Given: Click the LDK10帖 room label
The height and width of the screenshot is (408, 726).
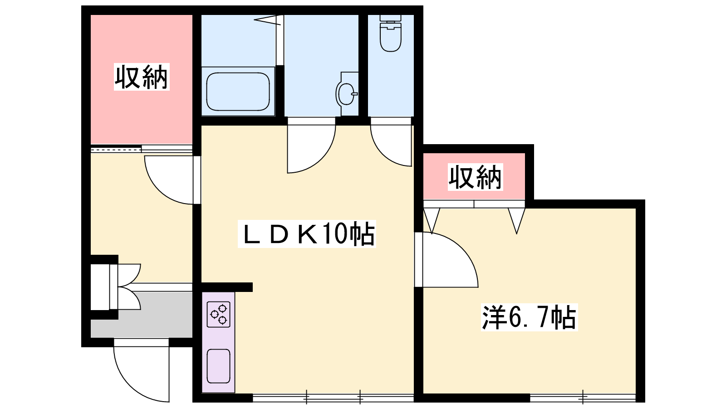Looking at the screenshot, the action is pyautogui.click(x=307, y=234).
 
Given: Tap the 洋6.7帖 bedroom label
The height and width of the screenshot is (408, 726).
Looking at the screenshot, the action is pyautogui.click(x=529, y=317).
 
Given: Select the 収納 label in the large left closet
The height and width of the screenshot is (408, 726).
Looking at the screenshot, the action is pyautogui.click(x=142, y=77).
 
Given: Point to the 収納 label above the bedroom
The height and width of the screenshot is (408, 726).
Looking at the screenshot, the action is pyautogui.click(x=475, y=177).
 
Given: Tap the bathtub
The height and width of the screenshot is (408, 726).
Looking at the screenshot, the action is pyautogui.click(x=238, y=91).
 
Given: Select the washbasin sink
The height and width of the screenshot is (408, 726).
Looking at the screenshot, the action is pyautogui.click(x=346, y=93).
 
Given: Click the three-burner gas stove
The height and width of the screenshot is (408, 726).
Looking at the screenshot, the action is pyautogui.click(x=218, y=314).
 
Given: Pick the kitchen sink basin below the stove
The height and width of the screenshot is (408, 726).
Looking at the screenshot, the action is pyautogui.click(x=218, y=366).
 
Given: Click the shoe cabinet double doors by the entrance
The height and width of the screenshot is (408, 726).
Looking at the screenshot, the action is pyautogui.click(x=125, y=287).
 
